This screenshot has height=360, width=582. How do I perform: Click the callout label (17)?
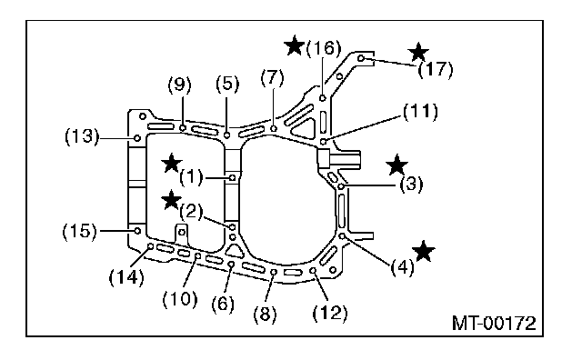tap(436, 69)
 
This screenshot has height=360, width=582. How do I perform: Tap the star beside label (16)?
tap(294, 45)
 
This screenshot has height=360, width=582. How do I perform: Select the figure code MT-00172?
tap(494, 324)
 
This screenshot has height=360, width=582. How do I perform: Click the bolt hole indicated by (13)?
tap(137, 138)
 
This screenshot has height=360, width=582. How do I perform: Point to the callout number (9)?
tap(180, 85)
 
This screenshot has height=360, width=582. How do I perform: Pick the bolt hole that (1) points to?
tap(233, 178)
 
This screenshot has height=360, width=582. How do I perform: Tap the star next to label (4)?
tap(423, 251)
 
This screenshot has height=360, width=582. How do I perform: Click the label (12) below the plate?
tap(329, 313)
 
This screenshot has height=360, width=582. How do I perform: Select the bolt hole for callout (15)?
tap(137, 231)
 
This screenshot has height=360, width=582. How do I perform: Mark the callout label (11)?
tap(420, 112)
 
